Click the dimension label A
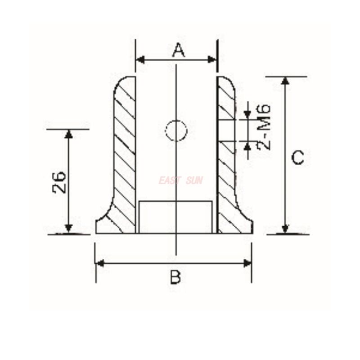point(179,50)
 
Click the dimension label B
point(175,277)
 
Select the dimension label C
point(297,158)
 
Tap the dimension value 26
point(59,182)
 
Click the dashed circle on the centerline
point(176,131)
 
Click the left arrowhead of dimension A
point(140,60)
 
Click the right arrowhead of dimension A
point(213,60)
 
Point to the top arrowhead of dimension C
point(285,81)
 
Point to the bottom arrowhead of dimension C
point(285,229)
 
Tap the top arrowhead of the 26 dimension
point(68,134)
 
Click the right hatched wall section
point(226,171)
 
